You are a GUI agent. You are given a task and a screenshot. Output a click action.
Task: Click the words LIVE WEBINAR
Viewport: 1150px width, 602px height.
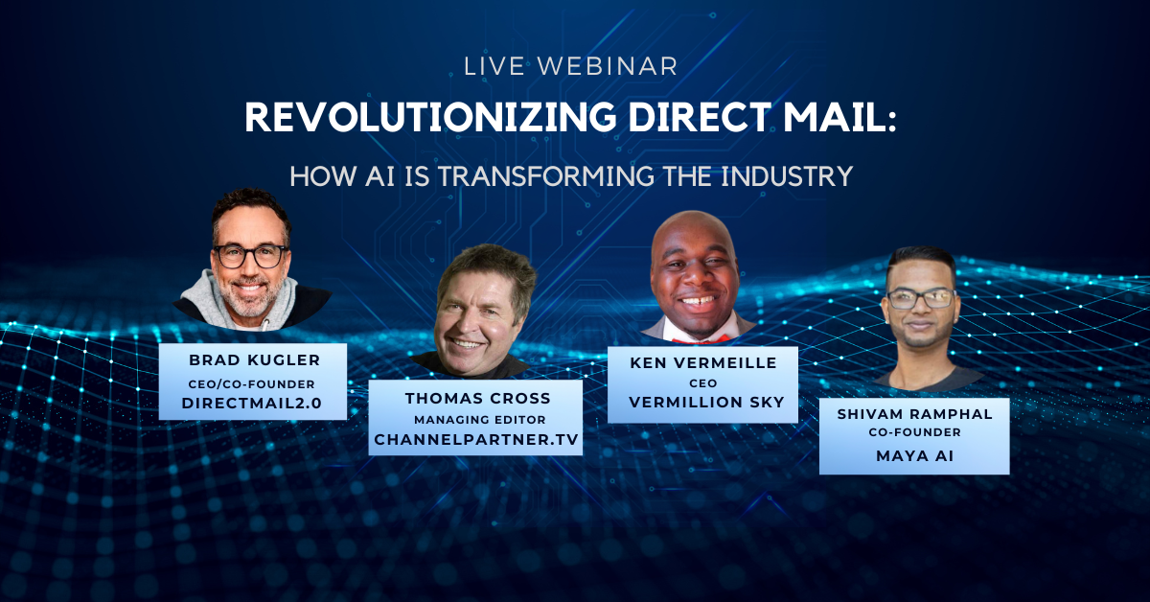click(571, 67)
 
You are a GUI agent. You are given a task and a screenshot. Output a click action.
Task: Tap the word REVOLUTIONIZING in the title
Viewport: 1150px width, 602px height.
click(430, 118)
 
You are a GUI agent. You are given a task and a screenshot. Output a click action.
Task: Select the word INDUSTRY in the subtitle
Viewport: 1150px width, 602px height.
click(787, 176)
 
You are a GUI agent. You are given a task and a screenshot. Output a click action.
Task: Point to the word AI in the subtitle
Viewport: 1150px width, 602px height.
click(379, 176)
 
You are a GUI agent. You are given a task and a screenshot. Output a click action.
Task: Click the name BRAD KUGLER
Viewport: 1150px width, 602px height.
click(255, 360)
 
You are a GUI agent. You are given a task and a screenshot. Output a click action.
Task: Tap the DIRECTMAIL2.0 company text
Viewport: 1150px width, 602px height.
click(251, 404)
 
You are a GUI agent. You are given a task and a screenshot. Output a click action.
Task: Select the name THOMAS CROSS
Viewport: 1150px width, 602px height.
click(477, 398)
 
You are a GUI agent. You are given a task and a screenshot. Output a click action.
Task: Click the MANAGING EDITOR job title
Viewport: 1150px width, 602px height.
click(479, 420)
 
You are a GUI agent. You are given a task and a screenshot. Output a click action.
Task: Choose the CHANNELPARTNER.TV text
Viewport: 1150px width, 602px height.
click(476, 440)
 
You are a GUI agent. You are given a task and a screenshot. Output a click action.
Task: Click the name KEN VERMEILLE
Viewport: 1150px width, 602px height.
click(703, 362)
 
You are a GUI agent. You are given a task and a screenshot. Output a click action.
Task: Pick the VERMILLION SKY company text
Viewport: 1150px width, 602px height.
click(706, 403)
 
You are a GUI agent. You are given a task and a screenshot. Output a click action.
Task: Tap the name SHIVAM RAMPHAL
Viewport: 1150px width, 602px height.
click(915, 414)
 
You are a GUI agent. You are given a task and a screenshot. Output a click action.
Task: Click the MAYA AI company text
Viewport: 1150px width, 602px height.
click(915, 456)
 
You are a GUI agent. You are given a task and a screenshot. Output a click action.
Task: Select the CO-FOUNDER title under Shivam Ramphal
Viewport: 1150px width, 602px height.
click(915, 432)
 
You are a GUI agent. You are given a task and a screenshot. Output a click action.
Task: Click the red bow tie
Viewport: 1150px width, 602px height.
click(701, 339)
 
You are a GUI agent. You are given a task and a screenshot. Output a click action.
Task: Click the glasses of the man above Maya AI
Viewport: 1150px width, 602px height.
click(922, 299)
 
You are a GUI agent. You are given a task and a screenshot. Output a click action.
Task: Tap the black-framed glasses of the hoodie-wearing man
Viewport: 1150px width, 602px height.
click(251, 256)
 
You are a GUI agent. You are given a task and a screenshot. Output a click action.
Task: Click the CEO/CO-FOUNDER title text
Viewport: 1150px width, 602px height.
click(251, 384)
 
